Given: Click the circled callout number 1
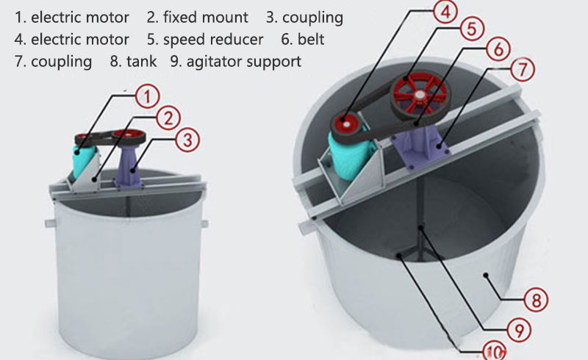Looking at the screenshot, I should [x=148, y=96].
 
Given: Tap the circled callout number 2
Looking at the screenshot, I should [x=168, y=118].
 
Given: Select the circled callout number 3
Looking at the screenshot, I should [x=188, y=138].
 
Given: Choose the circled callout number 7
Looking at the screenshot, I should [x=523, y=71].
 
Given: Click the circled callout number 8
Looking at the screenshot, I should [x=536, y=299].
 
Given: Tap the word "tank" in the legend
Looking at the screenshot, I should [x=141, y=61].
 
